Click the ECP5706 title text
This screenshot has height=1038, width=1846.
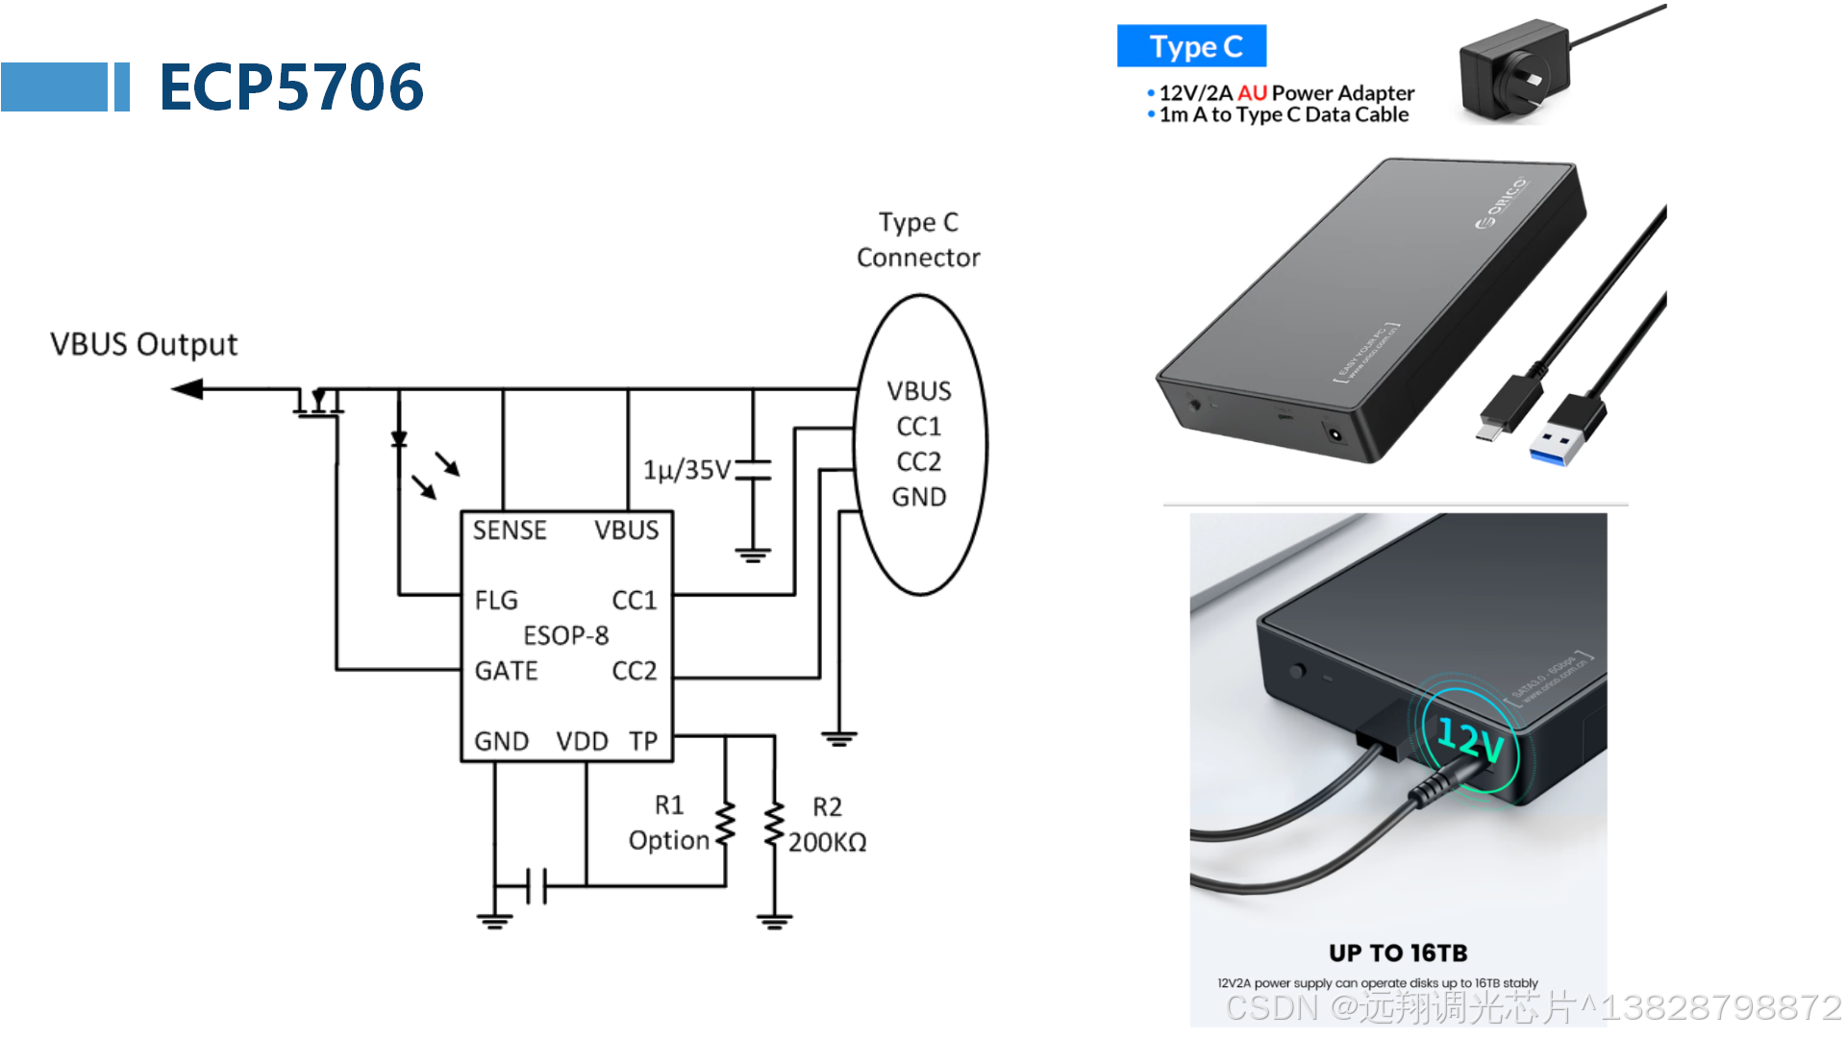pos(290,86)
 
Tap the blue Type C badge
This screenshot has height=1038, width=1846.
pos(1191,46)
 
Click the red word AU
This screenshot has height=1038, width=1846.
pos(1251,93)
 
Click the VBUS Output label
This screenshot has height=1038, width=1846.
pos(143,344)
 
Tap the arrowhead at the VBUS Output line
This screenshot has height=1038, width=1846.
pos(187,389)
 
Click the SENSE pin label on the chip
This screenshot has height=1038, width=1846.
pos(509,531)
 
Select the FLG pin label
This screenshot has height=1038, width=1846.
pos(496,601)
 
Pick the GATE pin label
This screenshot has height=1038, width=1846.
pos(506,671)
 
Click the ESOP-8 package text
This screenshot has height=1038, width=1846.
pos(565,635)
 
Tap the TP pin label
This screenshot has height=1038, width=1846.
pos(643,741)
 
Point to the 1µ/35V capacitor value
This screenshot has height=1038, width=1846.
pos(686,470)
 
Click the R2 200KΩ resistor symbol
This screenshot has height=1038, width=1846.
pos(774,826)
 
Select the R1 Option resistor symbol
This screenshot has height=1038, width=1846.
pos(726,826)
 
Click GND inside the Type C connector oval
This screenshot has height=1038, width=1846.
pos(918,497)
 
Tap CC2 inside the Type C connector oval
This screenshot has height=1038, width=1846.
pos(918,461)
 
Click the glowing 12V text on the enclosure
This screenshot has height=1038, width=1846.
pos(1470,740)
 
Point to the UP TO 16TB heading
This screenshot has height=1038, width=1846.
pos(1398,952)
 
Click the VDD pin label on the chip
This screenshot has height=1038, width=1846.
pos(582,741)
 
